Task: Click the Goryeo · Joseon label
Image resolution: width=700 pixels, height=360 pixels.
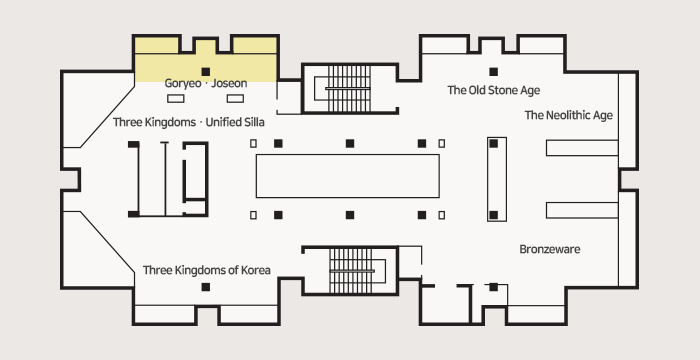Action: pyautogui.click(x=205, y=83)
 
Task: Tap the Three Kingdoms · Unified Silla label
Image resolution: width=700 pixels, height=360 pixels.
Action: pyautogui.click(x=188, y=122)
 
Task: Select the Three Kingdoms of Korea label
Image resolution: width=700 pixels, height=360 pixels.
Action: pyautogui.click(x=207, y=270)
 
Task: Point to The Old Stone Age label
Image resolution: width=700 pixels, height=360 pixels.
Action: pyautogui.click(x=494, y=90)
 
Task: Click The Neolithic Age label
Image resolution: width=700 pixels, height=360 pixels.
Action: pyautogui.click(x=569, y=115)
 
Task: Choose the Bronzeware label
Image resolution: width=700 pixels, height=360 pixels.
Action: pyautogui.click(x=550, y=249)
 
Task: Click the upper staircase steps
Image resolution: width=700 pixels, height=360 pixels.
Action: pyautogui.click(x=349, y=88)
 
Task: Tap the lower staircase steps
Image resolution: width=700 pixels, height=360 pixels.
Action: pyautogui.click(x=350, y=271)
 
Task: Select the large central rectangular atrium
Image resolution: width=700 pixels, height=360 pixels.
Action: pyautogui.click(x=348, y=176)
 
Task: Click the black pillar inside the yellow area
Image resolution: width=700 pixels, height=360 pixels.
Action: pyautogui.click(x=206, y=71)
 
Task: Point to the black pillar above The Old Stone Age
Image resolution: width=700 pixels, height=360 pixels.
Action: pyautogui.click(x=493, y=71)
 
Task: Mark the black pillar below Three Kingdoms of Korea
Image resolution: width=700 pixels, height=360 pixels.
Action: pyautogui.click(x=206, y=287)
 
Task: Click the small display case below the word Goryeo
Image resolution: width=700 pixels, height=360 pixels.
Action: pyautogui.click(x=176, y=98)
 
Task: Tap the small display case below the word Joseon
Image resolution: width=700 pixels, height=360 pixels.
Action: pyautogui.click(x=235, y=98)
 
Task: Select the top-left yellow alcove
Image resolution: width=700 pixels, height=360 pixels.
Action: pyautogui.click(x=156, y=45)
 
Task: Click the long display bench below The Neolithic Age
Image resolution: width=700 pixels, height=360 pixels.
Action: pyautogui.click(x=582, y=148)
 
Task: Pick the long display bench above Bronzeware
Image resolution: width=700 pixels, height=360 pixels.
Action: pyautogui.click(x=582, y=210)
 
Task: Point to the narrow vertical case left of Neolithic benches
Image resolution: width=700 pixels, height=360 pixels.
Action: pyautogui.click(x=497, y=179)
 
